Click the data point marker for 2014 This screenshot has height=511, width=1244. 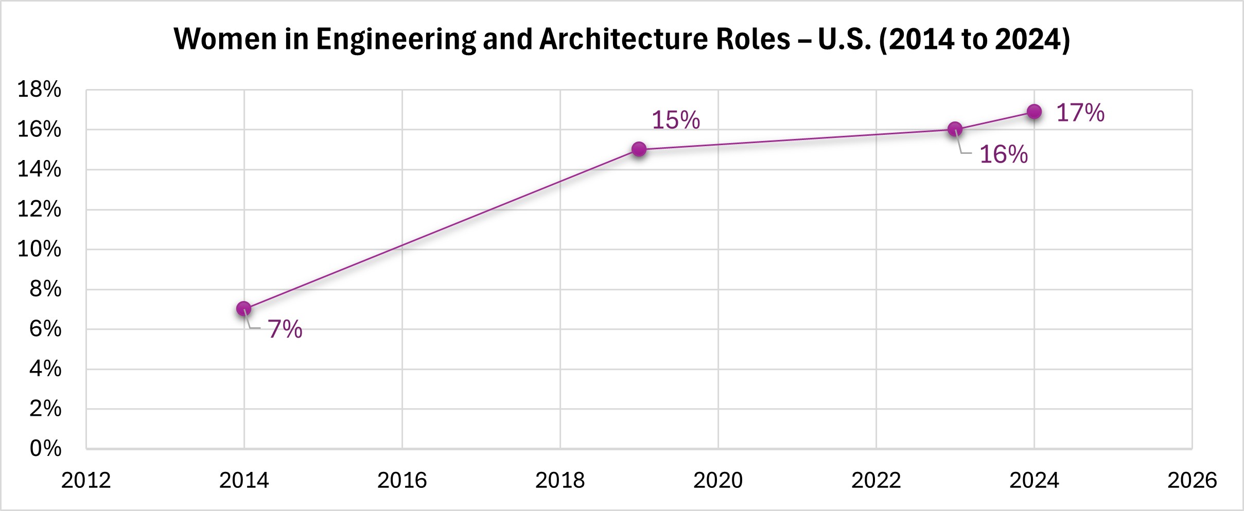pyautogui.click(x=243, y=309)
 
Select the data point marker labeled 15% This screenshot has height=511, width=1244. pyautogui.click(x=639, y=149)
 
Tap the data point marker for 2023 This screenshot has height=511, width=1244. pyautogui.click(x=955, y=129)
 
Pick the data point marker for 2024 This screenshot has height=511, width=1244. pyautogui.click(x=1034, y=112)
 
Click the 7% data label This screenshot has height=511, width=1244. pyautogui.click(x=285, y=329)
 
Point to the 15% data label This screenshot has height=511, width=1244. pyautogui.click(x=676, y=120)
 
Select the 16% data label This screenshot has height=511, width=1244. pyautogui.click(x=1003, y=154)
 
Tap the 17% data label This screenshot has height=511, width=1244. pyautogui.click(x=1080, y=113)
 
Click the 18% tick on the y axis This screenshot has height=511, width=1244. pyautogui.click(x=39, y=90)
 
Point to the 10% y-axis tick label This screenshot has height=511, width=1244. pyautogui.click(x=39, y=249)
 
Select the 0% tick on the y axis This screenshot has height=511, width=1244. pyautogui.click(x=45, y=448)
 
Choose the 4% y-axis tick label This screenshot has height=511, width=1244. pyautogui.click(x=45, y=368)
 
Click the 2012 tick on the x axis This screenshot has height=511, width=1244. pyautogui.click(x=86, y=481)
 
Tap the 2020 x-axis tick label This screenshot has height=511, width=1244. pyautogui.click(x=718, y=481)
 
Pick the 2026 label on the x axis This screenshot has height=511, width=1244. pyautogui.click(x=1192, y=481)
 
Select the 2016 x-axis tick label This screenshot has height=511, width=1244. pyautogui.click(x=402, y=481)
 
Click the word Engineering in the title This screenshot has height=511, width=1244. pyautogui.click(x=396, y=40)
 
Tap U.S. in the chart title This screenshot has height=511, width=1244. pyautogui.click(x=845, y=39)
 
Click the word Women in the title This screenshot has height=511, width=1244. pyautogui.click(x=225, y=39)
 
